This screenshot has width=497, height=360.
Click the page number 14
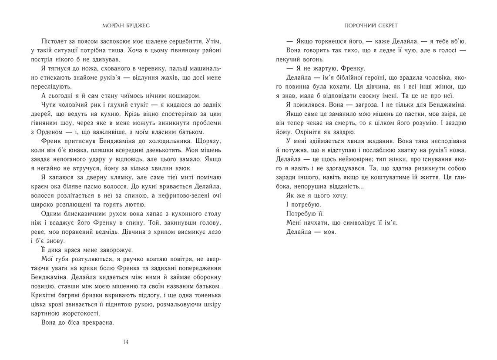click(126, 342)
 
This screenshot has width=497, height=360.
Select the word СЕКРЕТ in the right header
click(386, 25)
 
